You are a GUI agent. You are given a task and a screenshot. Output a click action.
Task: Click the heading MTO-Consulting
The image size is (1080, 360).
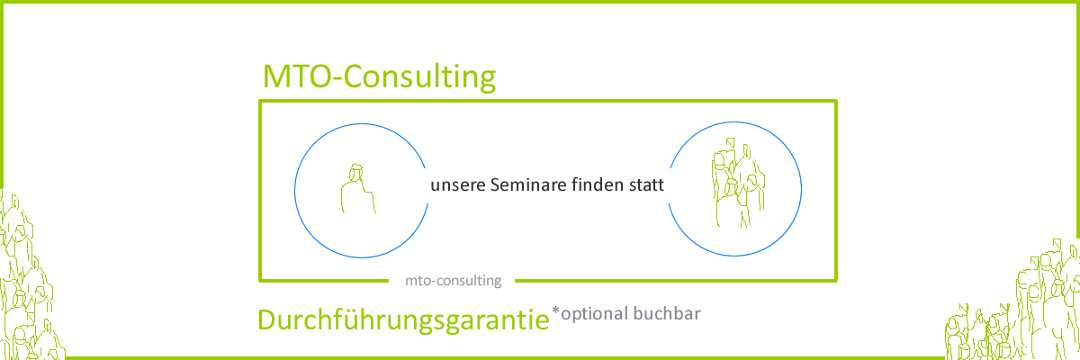[x=379, y=78]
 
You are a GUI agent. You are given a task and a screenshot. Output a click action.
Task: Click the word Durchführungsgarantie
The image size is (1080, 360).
[x=402, y=321]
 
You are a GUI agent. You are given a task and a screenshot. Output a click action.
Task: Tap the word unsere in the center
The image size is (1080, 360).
[x=459, y=186]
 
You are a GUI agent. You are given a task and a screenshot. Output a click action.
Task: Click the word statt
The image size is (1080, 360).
[x=647, y=186]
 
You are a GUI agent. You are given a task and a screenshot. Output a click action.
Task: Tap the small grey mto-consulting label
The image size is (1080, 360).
[x=454, y=280]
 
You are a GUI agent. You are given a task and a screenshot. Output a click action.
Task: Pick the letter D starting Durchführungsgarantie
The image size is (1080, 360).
[x=268, y=321]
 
